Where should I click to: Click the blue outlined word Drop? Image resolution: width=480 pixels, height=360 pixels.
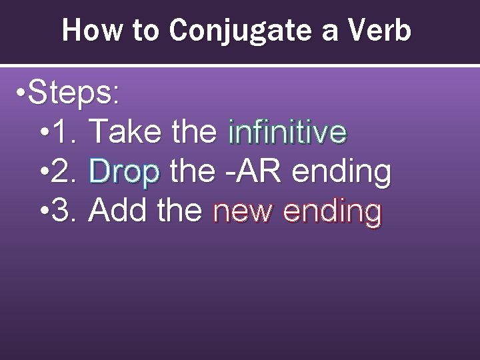(x=124, y=173)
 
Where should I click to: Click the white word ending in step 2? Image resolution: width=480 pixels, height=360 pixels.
(x=341, y=173)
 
